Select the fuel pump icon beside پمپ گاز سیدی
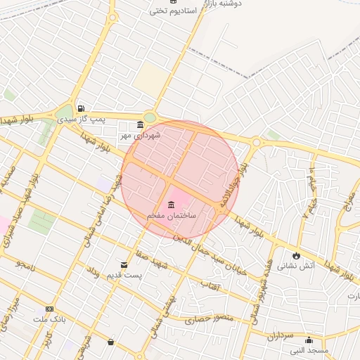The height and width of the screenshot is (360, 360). click(x=82, y=109)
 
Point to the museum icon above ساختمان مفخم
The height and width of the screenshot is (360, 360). click(x=172, y=204)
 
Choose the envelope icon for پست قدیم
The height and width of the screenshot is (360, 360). click(x=124, y=265)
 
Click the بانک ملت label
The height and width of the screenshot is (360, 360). click(x=49, y=319)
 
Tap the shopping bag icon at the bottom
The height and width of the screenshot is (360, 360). click(x=110, y=342)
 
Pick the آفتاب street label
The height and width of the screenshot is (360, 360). click(x=211, y=285)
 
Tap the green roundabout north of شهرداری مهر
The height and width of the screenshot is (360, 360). click(x=149, y=117)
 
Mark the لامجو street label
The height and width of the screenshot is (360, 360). click(x=25, y=266)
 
